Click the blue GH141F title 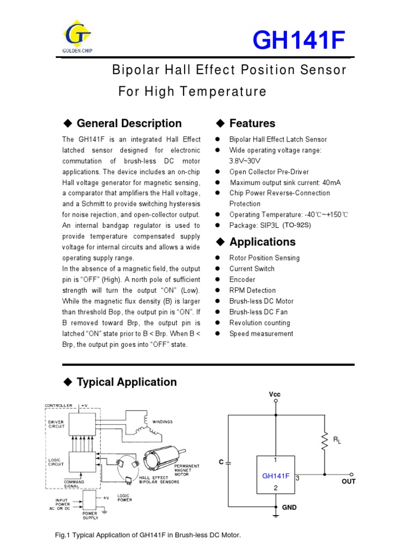299,42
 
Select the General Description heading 129,123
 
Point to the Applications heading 262,242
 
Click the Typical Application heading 127,382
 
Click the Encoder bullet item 242,279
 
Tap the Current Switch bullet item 252,269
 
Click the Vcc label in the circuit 275,394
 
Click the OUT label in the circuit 349,481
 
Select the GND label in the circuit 290,507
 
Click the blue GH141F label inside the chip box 275,476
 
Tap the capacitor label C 220,461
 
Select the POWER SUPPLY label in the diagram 90,516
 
